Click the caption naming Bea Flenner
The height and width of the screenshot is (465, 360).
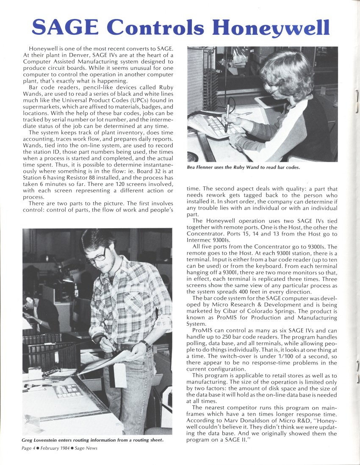click(243, 167)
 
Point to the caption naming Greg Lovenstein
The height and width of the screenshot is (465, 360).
click(93, 440)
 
